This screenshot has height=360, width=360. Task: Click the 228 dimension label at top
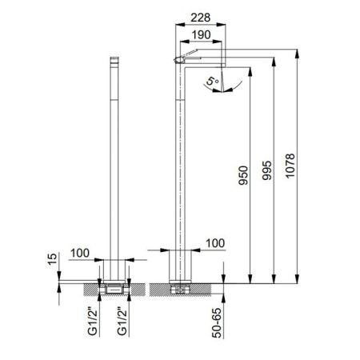pos(201,18)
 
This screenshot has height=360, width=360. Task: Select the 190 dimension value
pos(201,34)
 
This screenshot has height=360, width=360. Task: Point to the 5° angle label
pos(213,81)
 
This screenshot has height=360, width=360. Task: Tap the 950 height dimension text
pos(243,175)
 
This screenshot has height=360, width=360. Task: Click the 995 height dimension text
pos(266,170)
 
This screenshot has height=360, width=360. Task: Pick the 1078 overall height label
pos(290,166)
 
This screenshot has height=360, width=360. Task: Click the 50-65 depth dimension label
pos(217,323)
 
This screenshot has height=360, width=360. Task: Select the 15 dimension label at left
pos(52,259)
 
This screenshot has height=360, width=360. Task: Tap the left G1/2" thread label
pos(92,322)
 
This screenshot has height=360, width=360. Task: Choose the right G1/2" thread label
pos(122,322)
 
